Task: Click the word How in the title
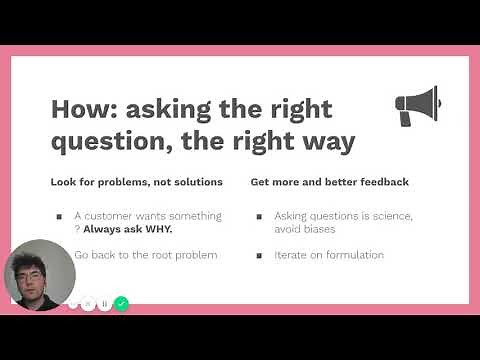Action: [x=83, y=108]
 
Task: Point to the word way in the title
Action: [x=326, y=142]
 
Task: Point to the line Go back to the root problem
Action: [x=146, y=255]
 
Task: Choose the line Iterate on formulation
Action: [x=329, y=255]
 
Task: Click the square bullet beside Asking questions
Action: [x=259, y=216]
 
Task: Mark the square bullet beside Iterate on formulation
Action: [x=259, y=255]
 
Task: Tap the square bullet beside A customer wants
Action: [x=59, y=216]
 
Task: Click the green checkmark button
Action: [x=121, y=303]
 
